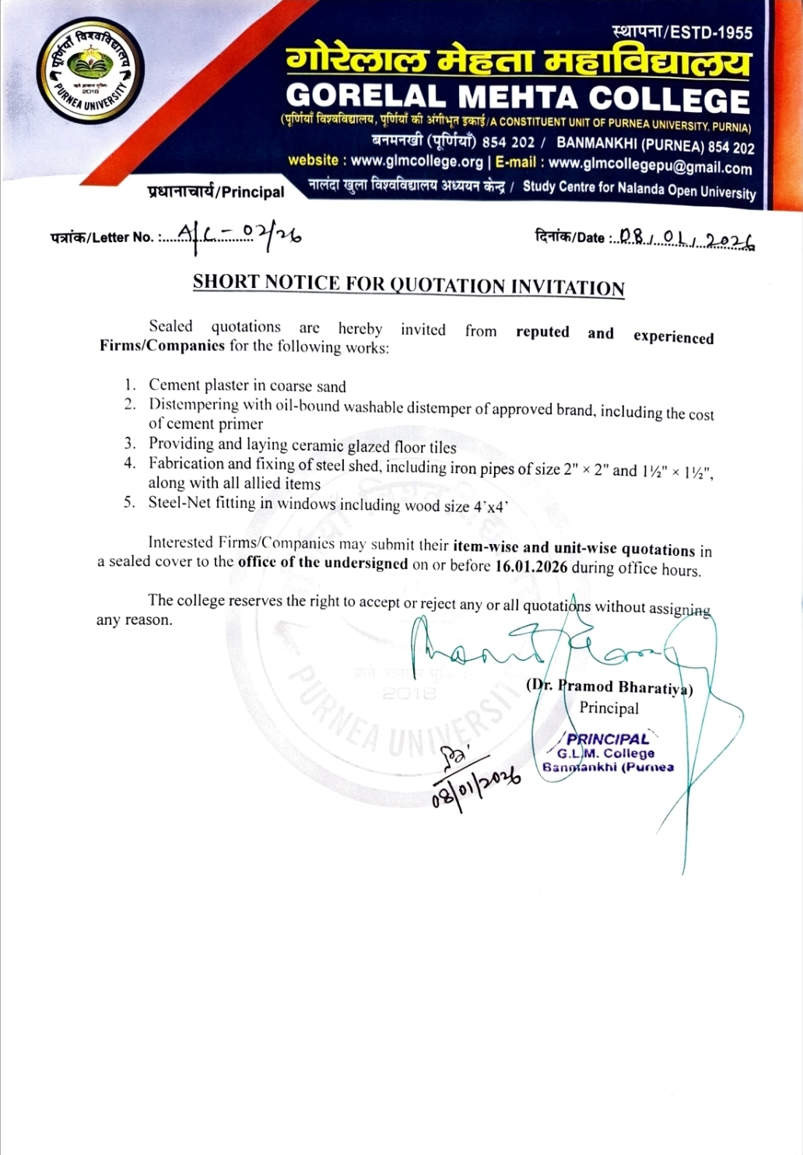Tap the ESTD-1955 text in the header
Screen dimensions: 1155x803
pos(711,33)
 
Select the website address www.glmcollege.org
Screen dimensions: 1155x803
pos(417,161)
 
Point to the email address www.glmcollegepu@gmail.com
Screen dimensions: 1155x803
pos(650,165)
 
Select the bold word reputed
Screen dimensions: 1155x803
pos(542,332)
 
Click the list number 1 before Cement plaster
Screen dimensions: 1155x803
pos(130,384)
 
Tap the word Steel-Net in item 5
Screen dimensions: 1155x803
pos(179,503)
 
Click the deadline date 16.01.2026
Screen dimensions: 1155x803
pos(531,567)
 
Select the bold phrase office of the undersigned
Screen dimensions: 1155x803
pos(323,563)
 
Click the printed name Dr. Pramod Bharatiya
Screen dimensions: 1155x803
pos(610,687)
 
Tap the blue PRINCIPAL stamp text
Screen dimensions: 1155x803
pos(608,739)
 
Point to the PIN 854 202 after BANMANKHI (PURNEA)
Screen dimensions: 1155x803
pos(731,147)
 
